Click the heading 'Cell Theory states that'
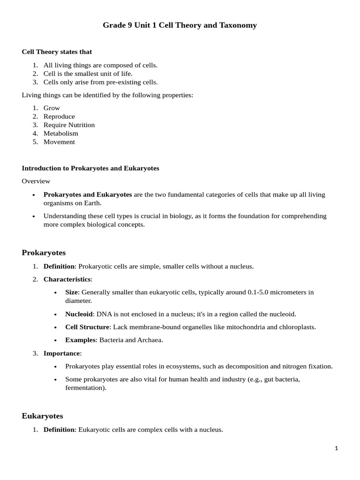point(57,52)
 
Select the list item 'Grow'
point(52,108)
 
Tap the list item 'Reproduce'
point(59,116)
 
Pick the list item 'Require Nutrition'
point(69,125)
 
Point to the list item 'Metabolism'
point(61,133)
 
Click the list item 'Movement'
point(59,142)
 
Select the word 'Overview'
point(36,181)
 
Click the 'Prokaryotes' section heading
point(44,253)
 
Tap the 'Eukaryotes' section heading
point(42,416)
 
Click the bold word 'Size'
point(71,292)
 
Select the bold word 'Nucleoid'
point(79,314)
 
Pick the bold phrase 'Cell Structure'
point(87,327)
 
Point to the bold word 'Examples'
point(80,340)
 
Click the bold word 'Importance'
point(62,353)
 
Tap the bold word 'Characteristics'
point(67,279)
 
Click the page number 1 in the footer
point(336,448)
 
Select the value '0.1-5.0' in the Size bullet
point(259,292)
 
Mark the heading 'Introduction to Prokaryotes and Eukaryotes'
point(90,168)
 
